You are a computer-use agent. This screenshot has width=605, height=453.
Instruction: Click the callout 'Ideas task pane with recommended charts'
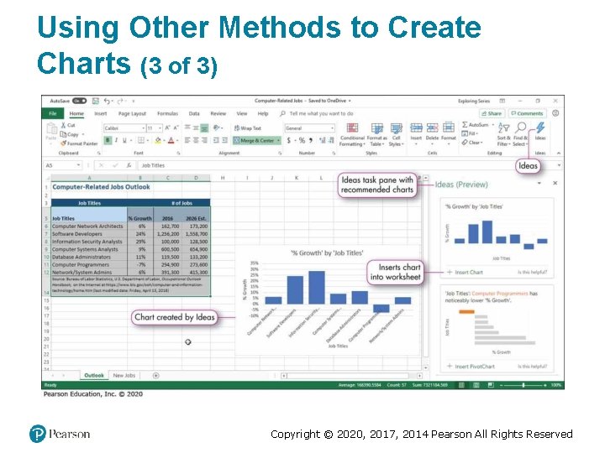point(377,185)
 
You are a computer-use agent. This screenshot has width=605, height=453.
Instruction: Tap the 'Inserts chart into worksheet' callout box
point(395,272)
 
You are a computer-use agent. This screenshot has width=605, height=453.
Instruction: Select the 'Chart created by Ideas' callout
point(175,317)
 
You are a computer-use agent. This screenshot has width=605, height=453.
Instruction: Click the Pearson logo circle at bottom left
point(36,434)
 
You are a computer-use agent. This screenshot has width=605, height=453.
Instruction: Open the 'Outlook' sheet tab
point(93,375)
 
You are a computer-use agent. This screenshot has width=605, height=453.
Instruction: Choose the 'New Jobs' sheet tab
point(124,375)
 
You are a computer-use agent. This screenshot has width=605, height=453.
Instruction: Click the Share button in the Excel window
point(493,113)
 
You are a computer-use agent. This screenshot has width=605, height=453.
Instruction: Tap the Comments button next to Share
point(528,113)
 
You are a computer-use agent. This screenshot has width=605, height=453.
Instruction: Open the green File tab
point(52,113)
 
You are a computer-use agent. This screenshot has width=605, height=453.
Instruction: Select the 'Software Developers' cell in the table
point(77,234)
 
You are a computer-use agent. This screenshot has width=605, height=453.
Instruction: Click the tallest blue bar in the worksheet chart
point(296,290)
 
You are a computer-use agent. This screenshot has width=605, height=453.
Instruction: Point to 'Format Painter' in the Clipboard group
point(82,143)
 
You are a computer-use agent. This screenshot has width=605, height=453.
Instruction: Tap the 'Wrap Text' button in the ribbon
point(250,128)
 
